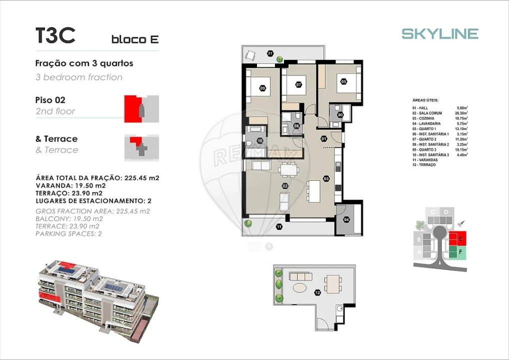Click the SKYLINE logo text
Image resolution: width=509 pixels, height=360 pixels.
[x=440, y=33]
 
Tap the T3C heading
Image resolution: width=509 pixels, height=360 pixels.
[x=55, y=35]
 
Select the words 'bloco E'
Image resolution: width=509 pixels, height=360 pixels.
[x=135, y=39]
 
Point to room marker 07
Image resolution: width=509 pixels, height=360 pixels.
[x=298, y=84]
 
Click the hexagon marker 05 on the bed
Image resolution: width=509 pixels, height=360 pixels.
[x=344, y=81]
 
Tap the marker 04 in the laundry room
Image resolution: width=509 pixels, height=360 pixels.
[x=345, y=219]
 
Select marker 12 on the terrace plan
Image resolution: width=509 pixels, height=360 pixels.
[x=317, y=292]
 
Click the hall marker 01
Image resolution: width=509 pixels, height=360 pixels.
[x=323, y=138]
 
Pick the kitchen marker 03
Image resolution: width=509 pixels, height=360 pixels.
[x=326, y=178]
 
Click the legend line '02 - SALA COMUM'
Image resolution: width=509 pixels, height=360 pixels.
[x=427, y=113]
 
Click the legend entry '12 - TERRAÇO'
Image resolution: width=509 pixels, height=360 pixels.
[x=424, y=165]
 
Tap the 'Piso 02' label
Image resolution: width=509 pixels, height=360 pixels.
[x=50, y=100]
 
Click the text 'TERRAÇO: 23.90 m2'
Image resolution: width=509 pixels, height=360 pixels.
[x=69, y=193]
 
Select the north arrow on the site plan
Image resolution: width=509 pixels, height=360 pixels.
[x=461, y=223]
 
